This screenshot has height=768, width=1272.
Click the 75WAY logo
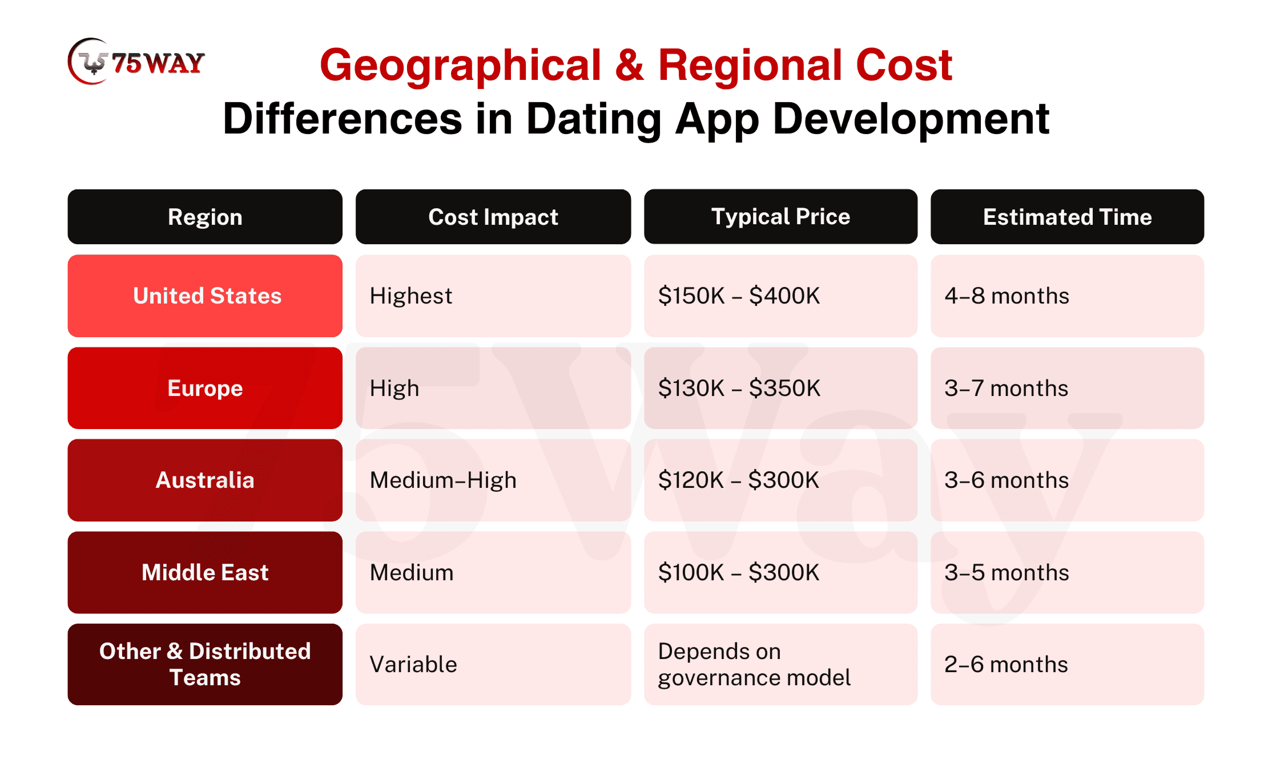coord(136,62)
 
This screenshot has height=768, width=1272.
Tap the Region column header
coord(205,217)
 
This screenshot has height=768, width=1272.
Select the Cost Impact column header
coord(493,217)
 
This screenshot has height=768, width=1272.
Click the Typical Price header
coord(780,217)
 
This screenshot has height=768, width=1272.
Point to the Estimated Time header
coord(1067,217)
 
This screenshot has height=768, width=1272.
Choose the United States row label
coord(205,296)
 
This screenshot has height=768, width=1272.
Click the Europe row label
coord(205,388)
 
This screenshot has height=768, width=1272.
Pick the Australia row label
coord(205,480)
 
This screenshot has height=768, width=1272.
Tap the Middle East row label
coord(205,572)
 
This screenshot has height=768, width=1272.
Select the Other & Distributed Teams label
coord(205,664)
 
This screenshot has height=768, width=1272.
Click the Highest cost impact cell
coord(493,296)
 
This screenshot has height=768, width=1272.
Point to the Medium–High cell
coord(493,480)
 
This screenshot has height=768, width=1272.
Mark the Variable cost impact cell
coord(493,664)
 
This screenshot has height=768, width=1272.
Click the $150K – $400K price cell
coord(780,296)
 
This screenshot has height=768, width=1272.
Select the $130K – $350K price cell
coord(780,388)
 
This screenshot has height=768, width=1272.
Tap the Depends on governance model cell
coord(780,664)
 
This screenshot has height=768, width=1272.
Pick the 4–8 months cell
coord(1067,296)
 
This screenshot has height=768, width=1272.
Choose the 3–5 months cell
coord(1067,572)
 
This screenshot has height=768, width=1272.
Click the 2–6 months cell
coord(1067,664)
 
